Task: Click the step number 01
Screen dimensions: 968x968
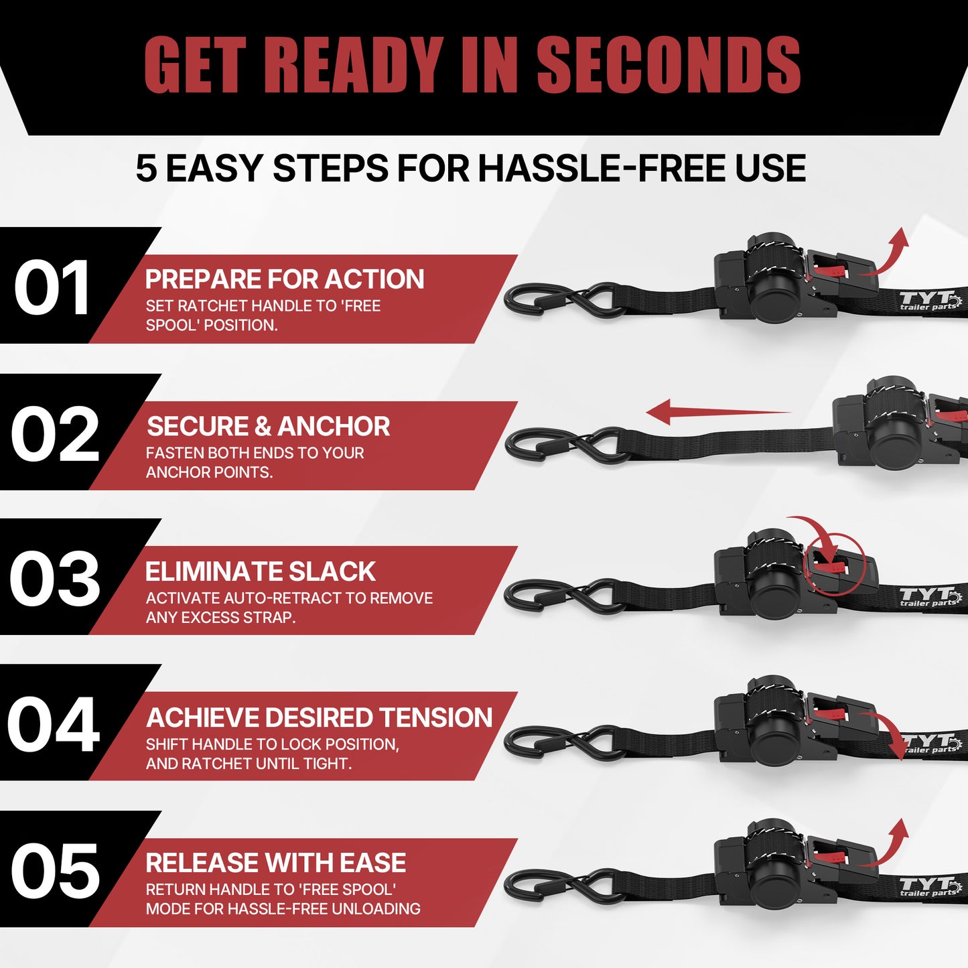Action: (x=52, y=288)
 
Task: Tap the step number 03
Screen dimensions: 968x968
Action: (x=54, y=579)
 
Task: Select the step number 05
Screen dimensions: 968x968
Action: (x=55, y=870)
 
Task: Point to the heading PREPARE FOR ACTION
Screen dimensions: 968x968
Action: (x=285, y=279)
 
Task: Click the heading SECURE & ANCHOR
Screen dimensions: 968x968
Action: (x=268, y=427)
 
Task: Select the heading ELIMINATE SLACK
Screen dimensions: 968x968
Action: (x=260, y=572)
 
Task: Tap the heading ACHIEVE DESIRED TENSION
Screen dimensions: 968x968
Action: (x=319, y=718)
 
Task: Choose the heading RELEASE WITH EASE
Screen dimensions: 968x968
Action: (x=275, y=863)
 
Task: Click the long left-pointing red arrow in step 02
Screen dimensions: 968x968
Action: (x=717, y=411)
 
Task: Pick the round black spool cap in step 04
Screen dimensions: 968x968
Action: (x=776, y=742)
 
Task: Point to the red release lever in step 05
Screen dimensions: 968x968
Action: (x=831, y=853)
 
